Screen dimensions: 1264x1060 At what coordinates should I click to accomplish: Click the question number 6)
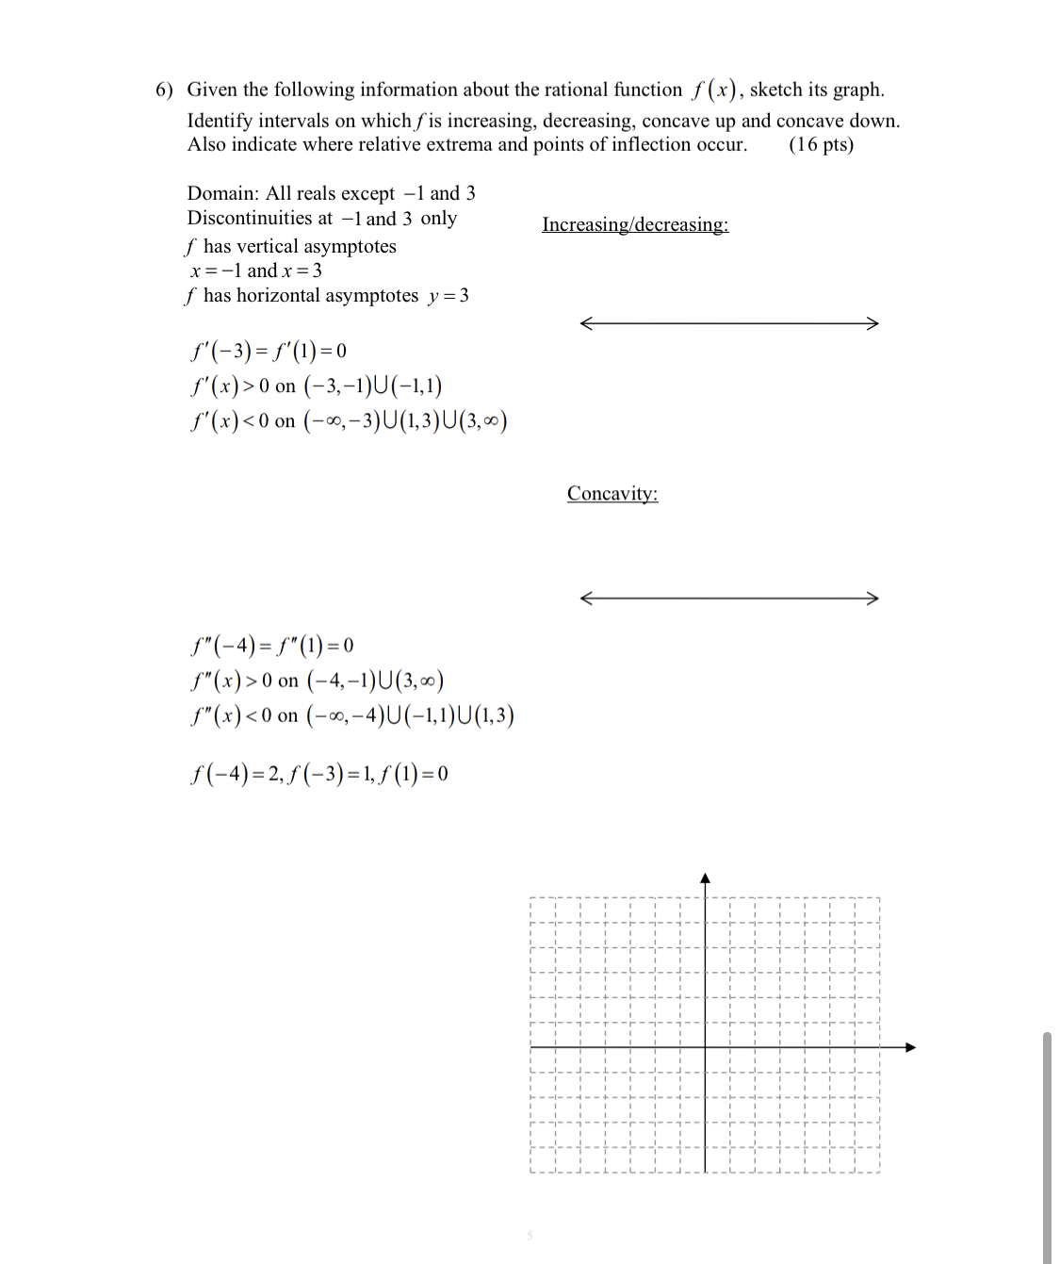[165, 90]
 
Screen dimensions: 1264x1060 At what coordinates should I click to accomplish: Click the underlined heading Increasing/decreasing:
[635, 224]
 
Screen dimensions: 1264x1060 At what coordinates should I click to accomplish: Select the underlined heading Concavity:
[612, 493]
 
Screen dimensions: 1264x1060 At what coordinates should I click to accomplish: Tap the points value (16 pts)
[821, 144]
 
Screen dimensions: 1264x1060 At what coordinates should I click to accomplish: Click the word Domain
[222, 193]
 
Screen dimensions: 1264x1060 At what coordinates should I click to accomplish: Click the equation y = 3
[448, 296]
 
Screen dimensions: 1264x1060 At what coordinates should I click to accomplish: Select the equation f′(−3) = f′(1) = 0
[269, 351]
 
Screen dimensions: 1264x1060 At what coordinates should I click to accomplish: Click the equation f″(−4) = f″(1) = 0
[271, 646]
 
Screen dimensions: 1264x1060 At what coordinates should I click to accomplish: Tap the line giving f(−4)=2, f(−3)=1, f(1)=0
[318, 774]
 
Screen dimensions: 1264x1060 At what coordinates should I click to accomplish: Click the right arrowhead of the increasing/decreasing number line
[872, 323]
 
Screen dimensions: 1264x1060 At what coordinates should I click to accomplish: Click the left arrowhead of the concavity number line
[586, 598]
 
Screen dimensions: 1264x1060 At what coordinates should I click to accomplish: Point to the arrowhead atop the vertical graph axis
[705, 878]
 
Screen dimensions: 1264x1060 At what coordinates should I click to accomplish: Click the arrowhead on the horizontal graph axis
[910, 1047]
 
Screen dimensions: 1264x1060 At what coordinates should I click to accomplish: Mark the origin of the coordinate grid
[705, 1047]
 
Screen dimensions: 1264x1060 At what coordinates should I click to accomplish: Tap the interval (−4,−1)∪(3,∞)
[375, 681]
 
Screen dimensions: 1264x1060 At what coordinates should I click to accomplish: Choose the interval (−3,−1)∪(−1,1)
[372, 386]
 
